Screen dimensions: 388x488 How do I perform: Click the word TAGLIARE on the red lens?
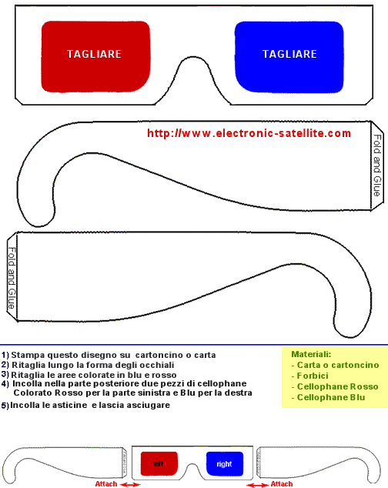click(94, 54)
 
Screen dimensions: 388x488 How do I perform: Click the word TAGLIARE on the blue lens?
click(289, 54)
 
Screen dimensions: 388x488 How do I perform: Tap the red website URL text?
click(249, 133)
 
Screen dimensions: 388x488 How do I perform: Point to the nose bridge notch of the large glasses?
click(194, 58)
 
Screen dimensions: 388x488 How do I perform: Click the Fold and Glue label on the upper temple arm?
click(377, 165)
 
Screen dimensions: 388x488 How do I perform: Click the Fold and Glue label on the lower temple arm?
click(12, 278)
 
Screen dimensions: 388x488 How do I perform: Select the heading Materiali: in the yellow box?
click(311, 354)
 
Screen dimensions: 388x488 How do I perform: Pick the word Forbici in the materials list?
click(313, 376)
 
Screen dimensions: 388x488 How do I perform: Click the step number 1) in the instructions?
click(5, 355)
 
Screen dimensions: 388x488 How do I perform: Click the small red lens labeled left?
click(159, 463)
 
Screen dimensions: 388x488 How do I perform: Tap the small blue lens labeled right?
click(225, 463)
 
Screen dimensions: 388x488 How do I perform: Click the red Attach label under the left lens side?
click(106, 484)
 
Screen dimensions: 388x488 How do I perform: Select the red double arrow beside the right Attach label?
click(258, 485)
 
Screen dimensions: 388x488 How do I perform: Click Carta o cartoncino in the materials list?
click(338, 365)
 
